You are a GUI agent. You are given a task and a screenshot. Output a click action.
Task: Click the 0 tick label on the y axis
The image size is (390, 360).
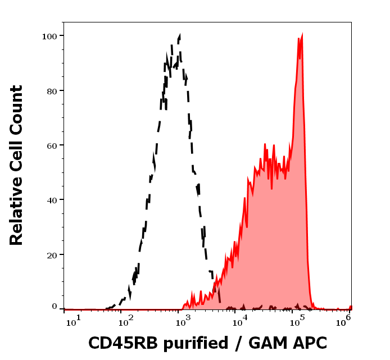point(55,307)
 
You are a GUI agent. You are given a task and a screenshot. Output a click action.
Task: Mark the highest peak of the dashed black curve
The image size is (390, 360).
point(179,37)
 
